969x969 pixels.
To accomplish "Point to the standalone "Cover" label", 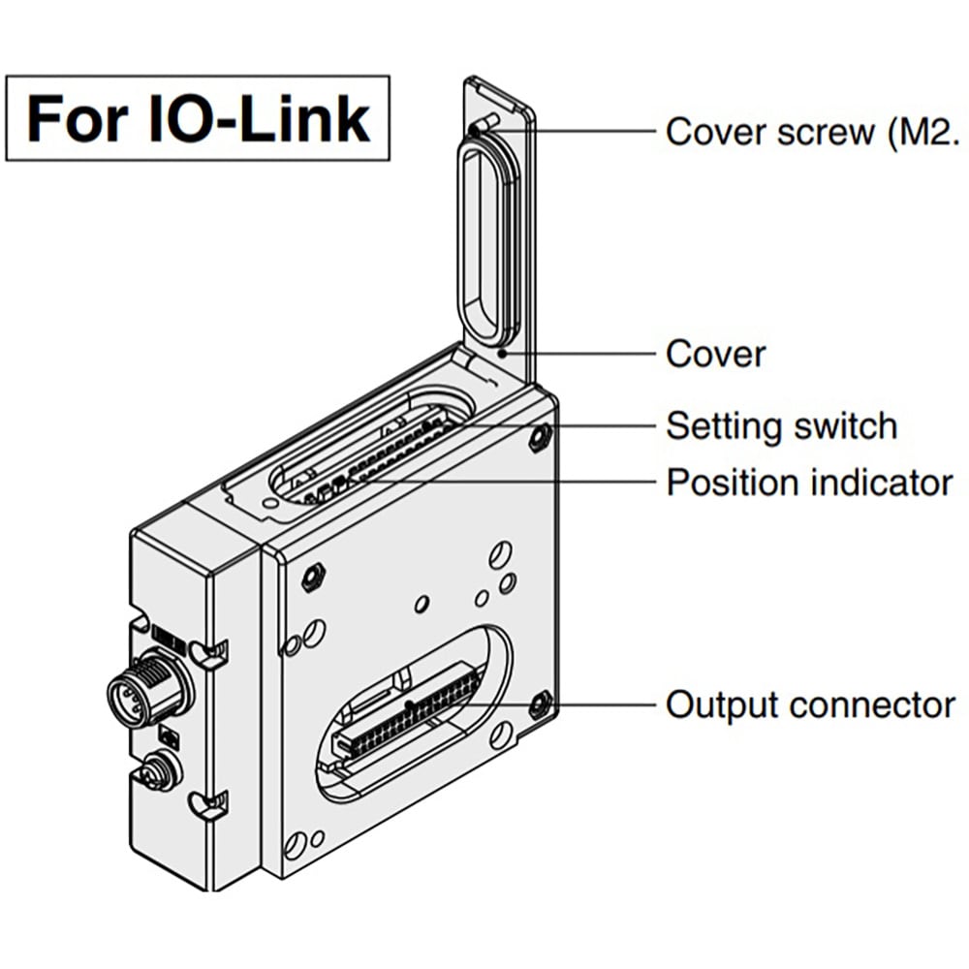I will pyautogui.click(x=715, y=354).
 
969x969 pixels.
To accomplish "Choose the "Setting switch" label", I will pyautogui.click(x=781, y=425).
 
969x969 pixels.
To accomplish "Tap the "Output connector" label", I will pyautogui.click(x=810, y=704).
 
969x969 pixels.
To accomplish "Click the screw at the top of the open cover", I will pyautogui.click(x=482, y=124).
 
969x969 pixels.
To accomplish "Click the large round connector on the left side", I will pyautogui.click(x=145, y=690).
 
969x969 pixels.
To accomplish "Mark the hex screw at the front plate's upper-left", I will pyautogui.click(x=312, y=578).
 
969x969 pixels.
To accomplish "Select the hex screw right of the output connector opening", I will pyautogui.click(x=540, y=703).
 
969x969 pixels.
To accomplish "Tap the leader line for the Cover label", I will pyautogui.click(x=581, y=354).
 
